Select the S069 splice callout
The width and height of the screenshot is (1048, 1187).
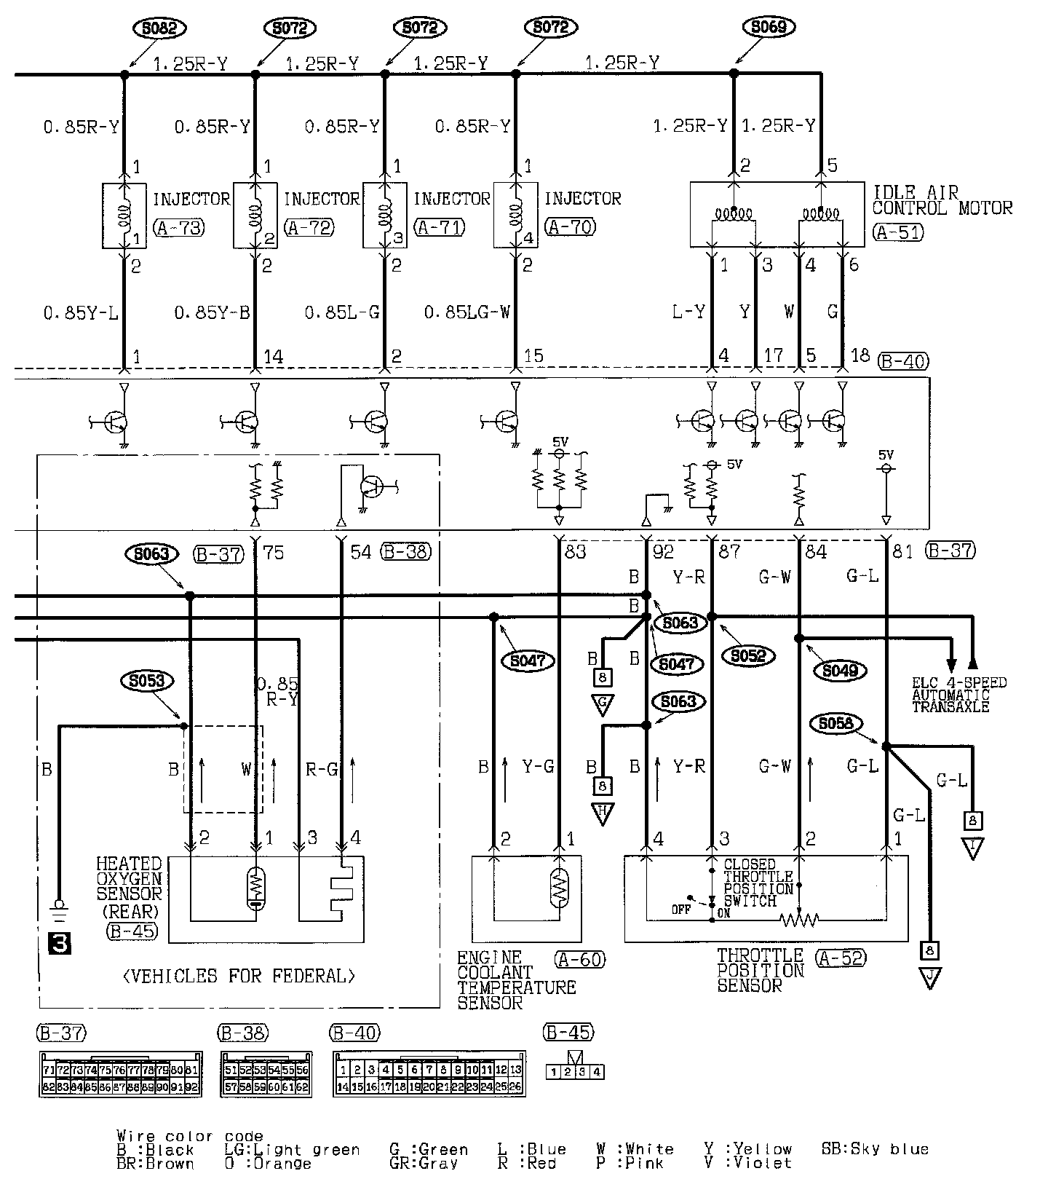(x=769, y=28)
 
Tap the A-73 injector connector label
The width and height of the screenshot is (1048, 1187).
(x=178, y=227)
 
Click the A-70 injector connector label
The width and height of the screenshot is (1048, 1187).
(x=571, y=227)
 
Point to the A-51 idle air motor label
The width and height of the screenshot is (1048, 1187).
(x=897, y=232)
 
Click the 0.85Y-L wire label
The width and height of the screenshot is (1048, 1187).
(x=81, y=313)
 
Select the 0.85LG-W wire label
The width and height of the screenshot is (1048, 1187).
(x=467, y=313)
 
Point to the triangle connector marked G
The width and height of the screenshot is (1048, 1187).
(x=603, y=704)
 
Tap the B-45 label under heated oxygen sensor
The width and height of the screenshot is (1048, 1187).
(x=132, y=931)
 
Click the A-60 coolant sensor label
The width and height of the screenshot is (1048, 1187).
(x=579, y=960)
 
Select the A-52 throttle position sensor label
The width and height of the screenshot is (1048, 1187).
(x=841, y=958)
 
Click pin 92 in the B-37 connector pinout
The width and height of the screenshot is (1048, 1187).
(x=192, y=1087)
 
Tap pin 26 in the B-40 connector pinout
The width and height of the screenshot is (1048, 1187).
(x=516, y=1087)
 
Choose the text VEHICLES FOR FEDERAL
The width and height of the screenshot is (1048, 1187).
(x=239, y=977)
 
